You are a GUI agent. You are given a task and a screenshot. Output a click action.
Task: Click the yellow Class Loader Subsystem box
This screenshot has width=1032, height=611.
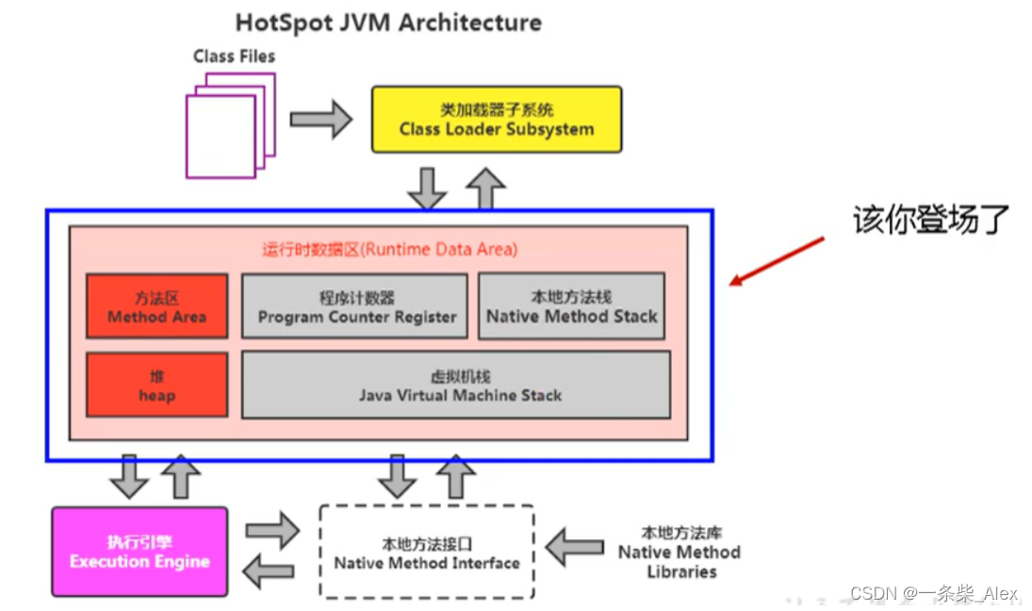click(497, 120)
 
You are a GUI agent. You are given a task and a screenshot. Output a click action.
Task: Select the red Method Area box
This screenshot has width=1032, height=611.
click(156, 306)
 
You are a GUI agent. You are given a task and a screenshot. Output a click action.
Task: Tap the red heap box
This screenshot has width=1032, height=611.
click(156, 385)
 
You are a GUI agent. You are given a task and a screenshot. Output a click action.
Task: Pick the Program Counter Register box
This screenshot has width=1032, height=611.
click(354, 306)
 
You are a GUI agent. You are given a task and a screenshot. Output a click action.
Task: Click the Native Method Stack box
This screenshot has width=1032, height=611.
click(571, 306)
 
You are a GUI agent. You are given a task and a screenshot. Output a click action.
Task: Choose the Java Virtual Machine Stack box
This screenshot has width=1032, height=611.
click(456, 385)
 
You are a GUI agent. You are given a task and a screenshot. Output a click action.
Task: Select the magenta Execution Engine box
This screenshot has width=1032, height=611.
click(139, 552)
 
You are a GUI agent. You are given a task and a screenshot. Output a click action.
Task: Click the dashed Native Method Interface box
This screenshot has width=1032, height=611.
click(427, 553)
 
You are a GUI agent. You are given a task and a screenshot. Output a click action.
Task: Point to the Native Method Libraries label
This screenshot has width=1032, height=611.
click(679, 553)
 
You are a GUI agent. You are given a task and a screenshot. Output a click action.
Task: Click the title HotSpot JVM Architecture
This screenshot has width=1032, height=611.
click(388, 23)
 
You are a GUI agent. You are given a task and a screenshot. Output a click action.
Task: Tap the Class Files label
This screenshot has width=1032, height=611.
click(234, 57)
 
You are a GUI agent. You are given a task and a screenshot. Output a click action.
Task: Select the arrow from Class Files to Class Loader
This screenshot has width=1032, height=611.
click(319, 120)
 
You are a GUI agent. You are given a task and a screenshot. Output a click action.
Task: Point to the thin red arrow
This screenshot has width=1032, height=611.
click(777, 260)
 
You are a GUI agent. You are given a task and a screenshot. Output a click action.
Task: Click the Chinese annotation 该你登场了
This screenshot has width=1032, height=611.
click(930, 220)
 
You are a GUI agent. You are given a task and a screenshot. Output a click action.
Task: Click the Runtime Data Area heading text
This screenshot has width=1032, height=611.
click(389, 250)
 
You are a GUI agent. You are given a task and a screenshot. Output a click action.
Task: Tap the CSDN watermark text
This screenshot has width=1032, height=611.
click(933, 593)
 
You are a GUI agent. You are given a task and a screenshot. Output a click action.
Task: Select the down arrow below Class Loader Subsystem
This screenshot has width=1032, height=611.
click(427, 189)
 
